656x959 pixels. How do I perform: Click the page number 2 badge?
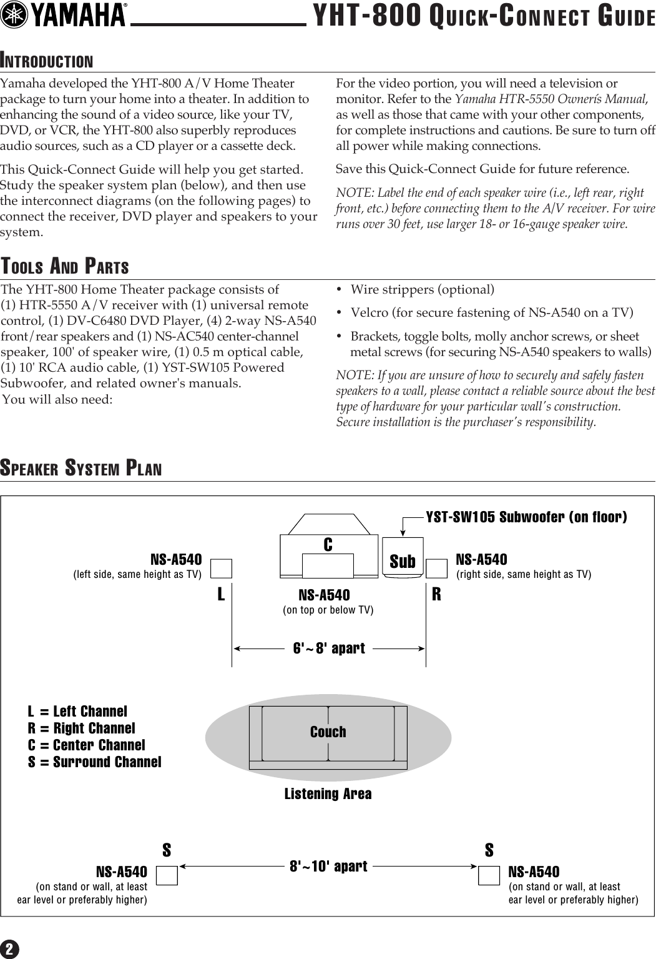click(x=10, y=950)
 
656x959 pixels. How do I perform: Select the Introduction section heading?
click(x=47, y=61)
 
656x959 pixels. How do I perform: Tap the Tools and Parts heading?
click(x=65, y=267)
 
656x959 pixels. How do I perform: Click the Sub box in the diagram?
click(x=403, y=561)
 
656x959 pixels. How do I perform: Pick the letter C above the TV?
click(x=328, y=545)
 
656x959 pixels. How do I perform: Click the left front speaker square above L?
click(x=221, y=569)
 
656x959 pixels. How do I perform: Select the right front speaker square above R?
click(x=437, y=569)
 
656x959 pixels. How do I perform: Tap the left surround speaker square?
click(x=167, y=875)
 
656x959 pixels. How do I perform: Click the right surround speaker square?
click(x=489, y=875)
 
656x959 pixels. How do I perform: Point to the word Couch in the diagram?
click(x=328, y=732)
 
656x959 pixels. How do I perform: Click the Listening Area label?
click(x=328, y=793)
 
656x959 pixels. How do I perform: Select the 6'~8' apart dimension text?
click(x=329, y=648)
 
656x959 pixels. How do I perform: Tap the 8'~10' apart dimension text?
click(x=328, y=866)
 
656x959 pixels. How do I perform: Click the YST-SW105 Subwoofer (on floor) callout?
click(x=526, y=517)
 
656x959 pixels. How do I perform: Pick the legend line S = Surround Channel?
click(x=94, y=762)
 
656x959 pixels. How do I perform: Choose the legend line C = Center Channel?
click(x=86, y=745)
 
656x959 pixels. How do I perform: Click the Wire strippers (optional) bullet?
click(x=422, y=289)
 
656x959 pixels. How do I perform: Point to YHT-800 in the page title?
click(x=366, y=16)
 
